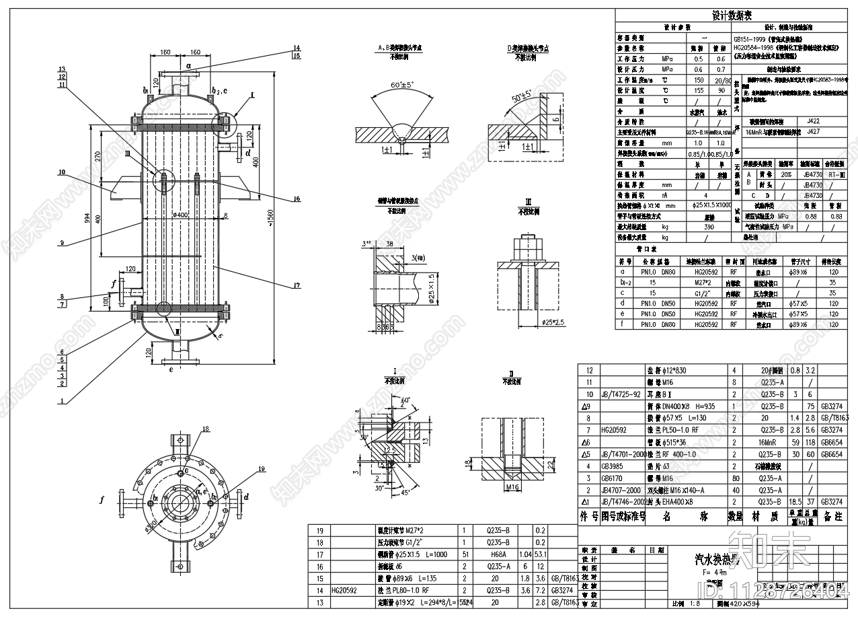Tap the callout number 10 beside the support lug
(x=61, y=172)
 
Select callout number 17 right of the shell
(x=297, y=286)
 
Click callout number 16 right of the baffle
(x=297, y=198)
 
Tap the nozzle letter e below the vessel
(x=171, y=369)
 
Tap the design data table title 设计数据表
(x=732, y=15)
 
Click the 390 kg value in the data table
(x=709, y=227)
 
